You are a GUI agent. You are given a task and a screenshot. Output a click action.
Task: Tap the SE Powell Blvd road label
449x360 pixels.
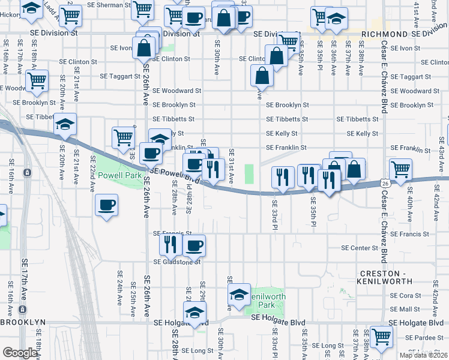[x=175, y=175]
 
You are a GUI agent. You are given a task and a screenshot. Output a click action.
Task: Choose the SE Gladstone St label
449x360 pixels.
[x=176, y=262]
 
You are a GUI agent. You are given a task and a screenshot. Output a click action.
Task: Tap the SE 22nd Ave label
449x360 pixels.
[x=93, y=174]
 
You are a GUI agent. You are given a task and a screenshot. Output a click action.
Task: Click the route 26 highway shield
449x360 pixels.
[x=385, y=182]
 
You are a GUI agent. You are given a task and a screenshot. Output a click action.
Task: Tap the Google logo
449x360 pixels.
[x=20, y=353]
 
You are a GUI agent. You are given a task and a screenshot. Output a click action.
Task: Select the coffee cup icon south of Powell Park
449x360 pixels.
[x=106, y=205]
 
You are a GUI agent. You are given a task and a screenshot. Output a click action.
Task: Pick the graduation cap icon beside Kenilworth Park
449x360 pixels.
[x=239, y=294]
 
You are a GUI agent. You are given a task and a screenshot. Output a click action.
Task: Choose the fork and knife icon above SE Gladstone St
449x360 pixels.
[x=170, y=243]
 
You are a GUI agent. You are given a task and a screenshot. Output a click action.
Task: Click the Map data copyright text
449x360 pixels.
[x=424, y=355]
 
